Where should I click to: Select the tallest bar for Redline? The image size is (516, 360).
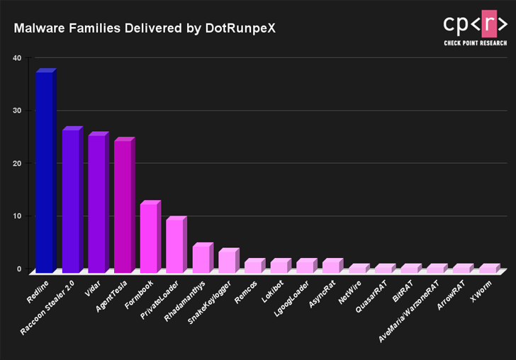click(x=45, y=172)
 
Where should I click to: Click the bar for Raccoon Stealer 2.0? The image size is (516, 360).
click(x=71, y=201)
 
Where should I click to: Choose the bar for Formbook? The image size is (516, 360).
click(x=149, y=238)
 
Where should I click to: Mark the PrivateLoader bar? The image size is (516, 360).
click(x=174, y=246)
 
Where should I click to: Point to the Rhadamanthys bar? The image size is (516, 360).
click(x=201, y=259)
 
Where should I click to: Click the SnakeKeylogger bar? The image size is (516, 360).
click(x=227, y=261)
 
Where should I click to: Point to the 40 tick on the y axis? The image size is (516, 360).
click(x=16, y=58)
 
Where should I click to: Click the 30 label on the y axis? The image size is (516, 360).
click(x=16, y=111)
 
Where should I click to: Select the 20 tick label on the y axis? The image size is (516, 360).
click(x=16, y=164)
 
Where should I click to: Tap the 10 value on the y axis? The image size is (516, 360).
click(x=16, y=216)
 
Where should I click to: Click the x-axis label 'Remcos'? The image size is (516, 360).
click(x=249, y=293)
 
